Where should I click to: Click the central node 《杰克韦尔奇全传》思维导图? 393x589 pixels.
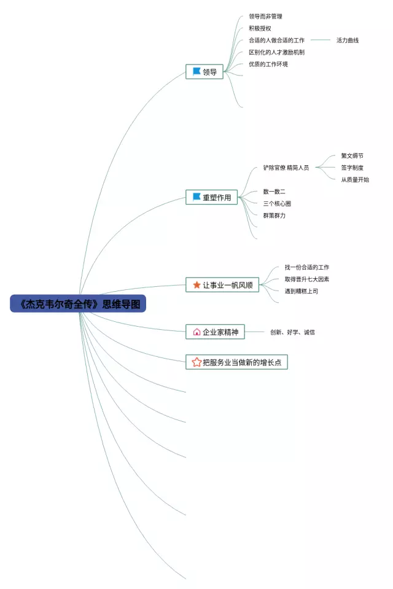(78, 303)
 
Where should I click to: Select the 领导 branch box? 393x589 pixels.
(205, 72)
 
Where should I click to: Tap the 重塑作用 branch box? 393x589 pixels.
(212, 197)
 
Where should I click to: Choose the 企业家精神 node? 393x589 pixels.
(215, 332)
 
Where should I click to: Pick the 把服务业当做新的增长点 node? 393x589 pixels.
(236, 362)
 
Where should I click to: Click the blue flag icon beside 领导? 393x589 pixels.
(196, 71)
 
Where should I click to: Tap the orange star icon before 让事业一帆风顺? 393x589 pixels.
(196, 285)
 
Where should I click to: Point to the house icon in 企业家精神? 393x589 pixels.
(196, 332)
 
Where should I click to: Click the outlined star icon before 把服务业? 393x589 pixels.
(196, 362)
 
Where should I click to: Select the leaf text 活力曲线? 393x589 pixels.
(347, 41)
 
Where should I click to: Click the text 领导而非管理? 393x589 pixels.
(265, 17)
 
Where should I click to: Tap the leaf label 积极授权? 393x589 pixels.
(260, 28)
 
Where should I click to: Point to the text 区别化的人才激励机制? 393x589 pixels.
(276, 52)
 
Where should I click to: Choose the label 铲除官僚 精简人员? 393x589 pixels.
(286, 168)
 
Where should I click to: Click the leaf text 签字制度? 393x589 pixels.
(352, 168)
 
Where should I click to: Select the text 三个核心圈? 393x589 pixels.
(277, 203)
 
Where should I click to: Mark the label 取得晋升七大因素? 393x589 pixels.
(306, 279)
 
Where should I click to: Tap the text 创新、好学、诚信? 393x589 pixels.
(292, 332)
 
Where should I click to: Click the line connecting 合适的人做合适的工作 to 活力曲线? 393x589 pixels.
(321, 41)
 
